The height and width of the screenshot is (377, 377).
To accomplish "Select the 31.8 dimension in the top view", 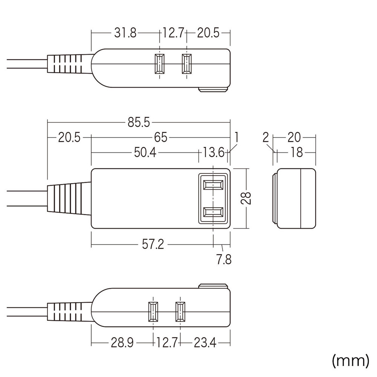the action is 125,33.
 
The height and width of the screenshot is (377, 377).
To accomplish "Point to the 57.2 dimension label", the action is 153,245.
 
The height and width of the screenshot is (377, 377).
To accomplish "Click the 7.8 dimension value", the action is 224,260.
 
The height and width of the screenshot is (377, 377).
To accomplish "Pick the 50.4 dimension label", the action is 145,152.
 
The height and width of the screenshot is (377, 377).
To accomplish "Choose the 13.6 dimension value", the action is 213,152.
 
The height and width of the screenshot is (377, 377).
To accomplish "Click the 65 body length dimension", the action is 161,138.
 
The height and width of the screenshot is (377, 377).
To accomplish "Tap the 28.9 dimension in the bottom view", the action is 122,343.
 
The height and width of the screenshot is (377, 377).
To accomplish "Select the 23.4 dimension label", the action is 205,343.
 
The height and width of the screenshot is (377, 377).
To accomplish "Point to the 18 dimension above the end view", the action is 297,152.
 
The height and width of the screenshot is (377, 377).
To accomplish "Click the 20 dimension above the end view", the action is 294,138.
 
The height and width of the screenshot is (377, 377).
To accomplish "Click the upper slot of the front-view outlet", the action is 213,185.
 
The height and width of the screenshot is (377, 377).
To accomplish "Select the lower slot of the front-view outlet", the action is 213,212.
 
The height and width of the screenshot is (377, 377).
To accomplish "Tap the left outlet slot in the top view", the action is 159,63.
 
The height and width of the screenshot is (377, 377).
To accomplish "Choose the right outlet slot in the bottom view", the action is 180,312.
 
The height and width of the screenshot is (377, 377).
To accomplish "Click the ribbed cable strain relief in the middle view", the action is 69,198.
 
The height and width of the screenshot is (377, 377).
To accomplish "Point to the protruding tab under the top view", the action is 213,90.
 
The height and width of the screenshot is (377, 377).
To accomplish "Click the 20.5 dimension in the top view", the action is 208,33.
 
